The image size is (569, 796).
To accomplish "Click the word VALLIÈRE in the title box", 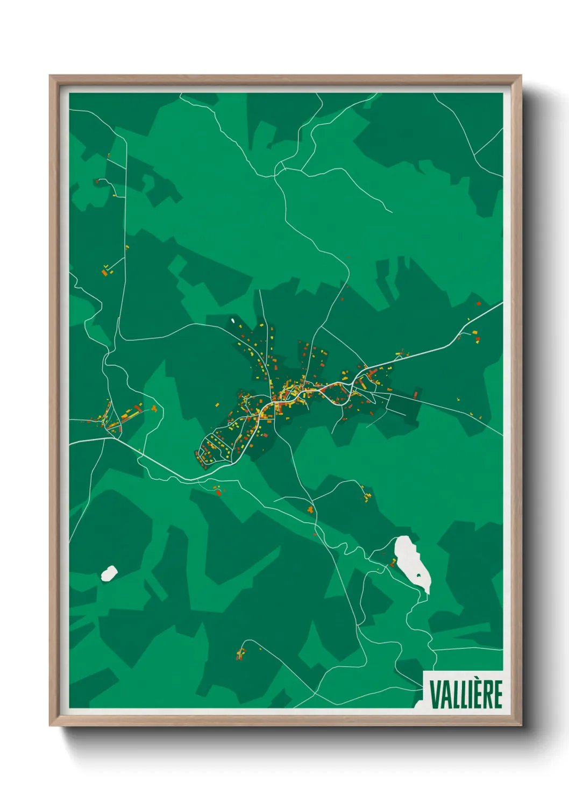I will click(466, 694).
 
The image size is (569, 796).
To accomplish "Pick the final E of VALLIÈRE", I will click(499, 694).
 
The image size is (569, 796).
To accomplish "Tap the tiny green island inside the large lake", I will click(419, 576).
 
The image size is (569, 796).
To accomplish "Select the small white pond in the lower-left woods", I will click(109, 573).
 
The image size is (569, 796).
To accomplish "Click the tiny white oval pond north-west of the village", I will click(233, 321).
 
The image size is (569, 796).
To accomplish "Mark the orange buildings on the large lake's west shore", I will click(393, 563).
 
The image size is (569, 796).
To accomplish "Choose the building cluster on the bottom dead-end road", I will click(240, 654).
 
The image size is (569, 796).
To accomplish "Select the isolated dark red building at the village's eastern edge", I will click(415, 395).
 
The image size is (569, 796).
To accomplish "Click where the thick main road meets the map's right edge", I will click(502, 303).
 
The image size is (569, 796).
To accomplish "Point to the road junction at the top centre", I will click(276, 171).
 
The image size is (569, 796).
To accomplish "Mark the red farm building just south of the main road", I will click(218, 491).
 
